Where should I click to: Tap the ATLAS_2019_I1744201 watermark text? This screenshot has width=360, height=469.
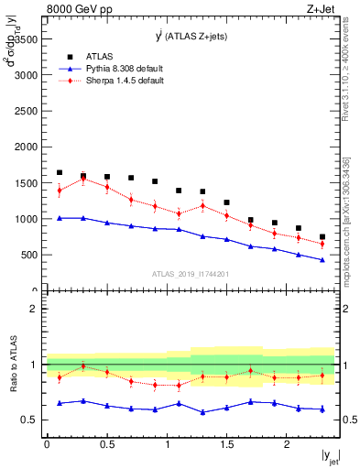tap(190, 273)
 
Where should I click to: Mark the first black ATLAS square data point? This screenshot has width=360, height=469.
tap(60, 172)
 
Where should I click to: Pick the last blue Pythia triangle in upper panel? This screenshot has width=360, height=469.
tap(322, 260)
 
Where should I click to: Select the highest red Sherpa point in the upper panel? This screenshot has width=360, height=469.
tap(83, 179)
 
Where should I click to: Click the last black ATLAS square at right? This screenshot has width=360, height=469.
tap(322, 236)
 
